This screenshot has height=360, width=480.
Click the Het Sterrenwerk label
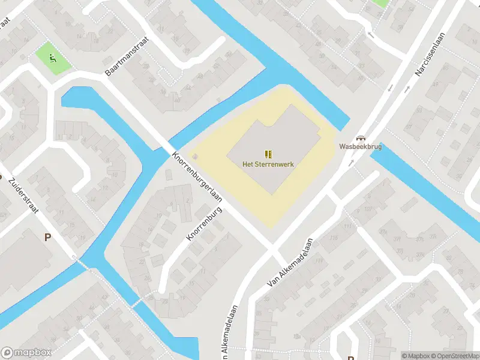268,163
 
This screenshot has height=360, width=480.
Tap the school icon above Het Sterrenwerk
268,154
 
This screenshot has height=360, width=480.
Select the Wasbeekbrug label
360,146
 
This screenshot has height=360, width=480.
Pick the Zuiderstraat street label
28,190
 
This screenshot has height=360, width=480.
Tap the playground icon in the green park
53,58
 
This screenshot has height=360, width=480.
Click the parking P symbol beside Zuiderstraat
47,237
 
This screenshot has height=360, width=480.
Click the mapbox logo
26,353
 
